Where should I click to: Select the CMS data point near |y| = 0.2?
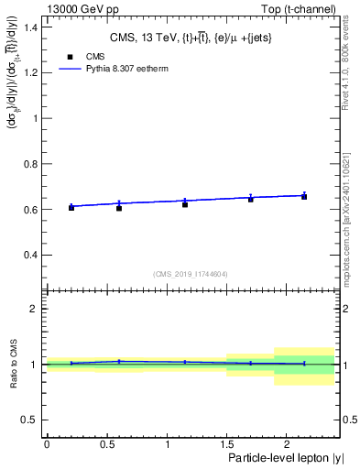point(71,208)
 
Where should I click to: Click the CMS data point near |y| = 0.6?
point(118,208)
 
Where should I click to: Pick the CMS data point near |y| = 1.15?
point(185,204)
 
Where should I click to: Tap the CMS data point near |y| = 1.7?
point(250,199)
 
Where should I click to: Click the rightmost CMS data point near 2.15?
point(304,197)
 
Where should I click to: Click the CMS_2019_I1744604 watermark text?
point(190,274)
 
